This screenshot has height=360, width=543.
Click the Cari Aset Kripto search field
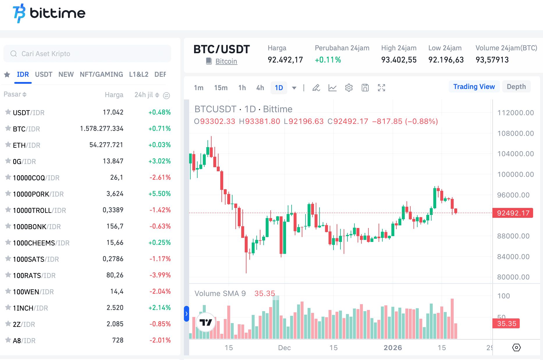(x=87, y=54)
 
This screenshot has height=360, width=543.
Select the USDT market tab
(x=44, y=74)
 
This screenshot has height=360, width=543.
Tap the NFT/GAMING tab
(x=101, y=74)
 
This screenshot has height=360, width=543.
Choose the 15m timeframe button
(x=221, y=88)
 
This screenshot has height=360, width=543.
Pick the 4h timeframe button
(x=260, y=88)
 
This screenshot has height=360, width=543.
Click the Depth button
(x=516, y=87)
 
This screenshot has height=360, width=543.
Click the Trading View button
(x=474, y=87)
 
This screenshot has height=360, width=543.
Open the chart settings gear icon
(x=349, y=88)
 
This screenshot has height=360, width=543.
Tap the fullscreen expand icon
(x=381, y=88)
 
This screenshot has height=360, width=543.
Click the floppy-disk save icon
(x=365, y=88)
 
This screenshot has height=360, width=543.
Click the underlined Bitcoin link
(x=226, y=61)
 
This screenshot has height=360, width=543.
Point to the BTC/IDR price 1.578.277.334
(x=102, y=129)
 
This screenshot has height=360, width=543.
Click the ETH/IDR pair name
(x=26, y=145)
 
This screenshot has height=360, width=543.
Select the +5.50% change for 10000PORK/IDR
(x=159, y=194)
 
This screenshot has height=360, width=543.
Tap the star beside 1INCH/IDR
(x=8, y=307)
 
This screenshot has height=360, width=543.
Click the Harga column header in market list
(x=114, y=95)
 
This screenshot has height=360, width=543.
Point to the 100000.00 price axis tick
(x=515, y=174)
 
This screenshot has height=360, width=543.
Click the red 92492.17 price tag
(x=513, y=213)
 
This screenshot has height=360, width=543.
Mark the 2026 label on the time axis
(x=393, y=348)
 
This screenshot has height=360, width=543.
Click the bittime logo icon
(x=19, y=13)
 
